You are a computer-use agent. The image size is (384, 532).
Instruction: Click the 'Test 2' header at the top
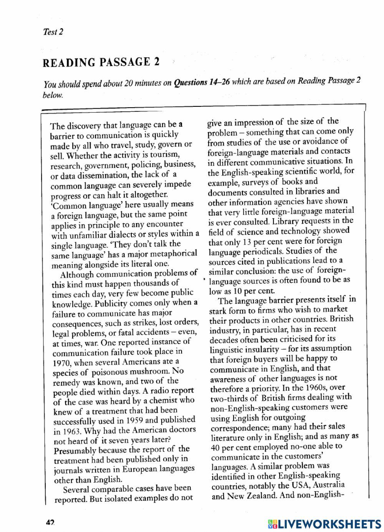click(53, 32)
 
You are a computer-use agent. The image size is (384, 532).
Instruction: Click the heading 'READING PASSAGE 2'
click(101, 62)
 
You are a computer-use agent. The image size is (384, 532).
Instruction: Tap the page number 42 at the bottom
click(50, 523)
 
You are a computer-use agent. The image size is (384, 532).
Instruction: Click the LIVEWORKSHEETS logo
click(324, 524)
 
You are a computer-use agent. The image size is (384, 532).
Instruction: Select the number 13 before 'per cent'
click(247, 242)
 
